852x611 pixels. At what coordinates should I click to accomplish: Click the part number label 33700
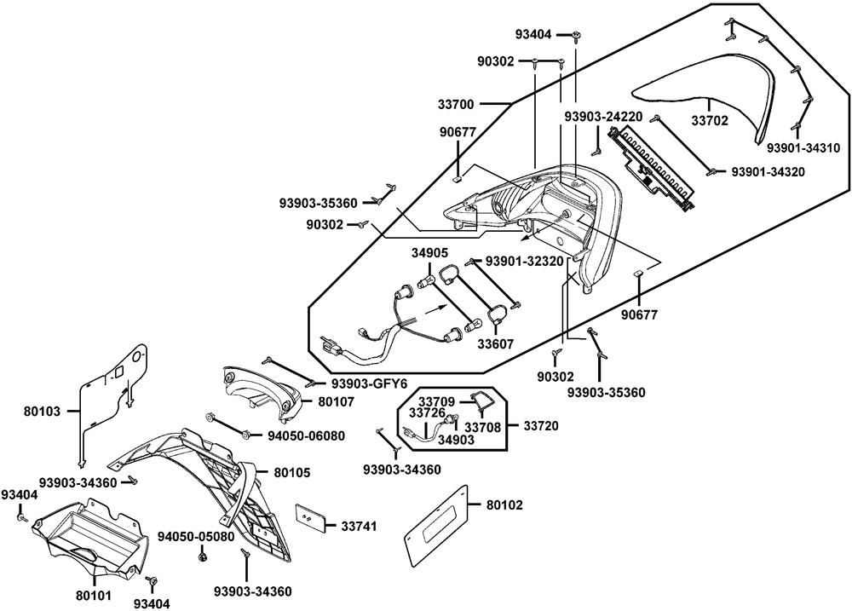(x=457, y=104)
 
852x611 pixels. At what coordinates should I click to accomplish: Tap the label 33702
(x=710, y=120)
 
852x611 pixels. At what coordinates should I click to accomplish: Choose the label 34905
(x=430, y=253)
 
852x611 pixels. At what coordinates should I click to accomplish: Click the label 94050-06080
(x=294, y=435)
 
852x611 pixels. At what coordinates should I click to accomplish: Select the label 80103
(x=43, y=411)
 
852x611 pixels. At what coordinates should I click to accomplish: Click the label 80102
(x=504, y=505)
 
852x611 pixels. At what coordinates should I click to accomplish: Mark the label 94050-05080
(x=196, y=537)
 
